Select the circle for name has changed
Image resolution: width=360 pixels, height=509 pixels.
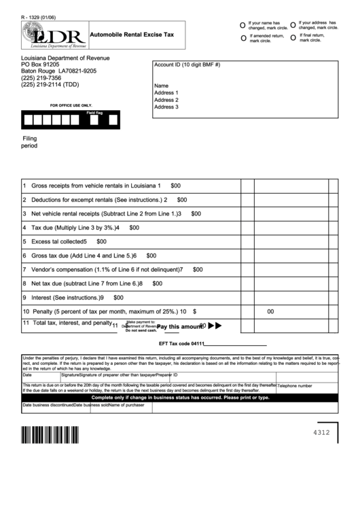pos(243,25)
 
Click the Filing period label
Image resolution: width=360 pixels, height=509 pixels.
pos(30,141)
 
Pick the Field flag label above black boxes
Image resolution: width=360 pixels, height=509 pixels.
pos(94,112)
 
